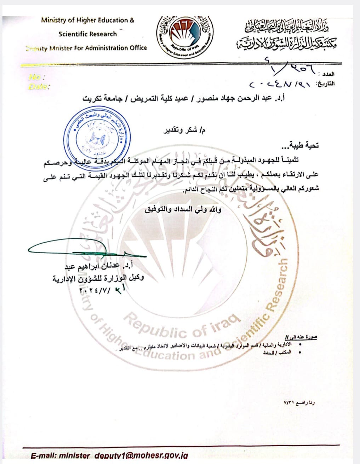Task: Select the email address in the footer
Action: tap(109, 456)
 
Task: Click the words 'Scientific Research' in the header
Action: tap(87, 34)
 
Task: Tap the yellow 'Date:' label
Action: tap(39, 86)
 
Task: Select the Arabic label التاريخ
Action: tap(324, 84)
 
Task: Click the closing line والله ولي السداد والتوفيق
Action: tap(183, 210)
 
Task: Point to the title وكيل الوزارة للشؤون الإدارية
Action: tap(98, 278)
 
